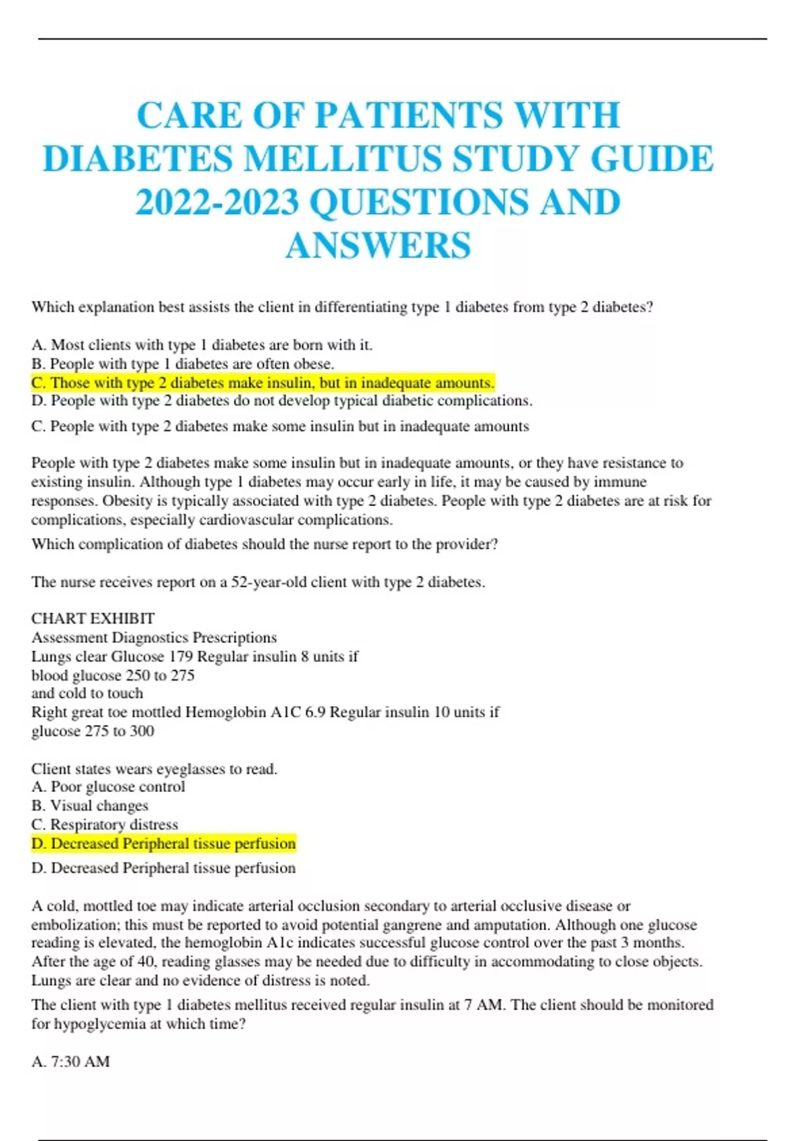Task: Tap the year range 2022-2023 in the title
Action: click(217, 203)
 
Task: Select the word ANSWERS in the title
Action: click(378, 246)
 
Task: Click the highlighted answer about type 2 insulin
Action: click(263, 383)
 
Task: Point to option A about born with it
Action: click(201, 345)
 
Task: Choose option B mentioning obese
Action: click(183, 364)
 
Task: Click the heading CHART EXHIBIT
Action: click(93, 618)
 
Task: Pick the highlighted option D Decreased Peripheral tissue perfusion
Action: click(163, 844)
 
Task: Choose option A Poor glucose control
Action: click(108, 787)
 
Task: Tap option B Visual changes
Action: click(90, 805)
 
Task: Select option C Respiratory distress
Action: click(105, 824)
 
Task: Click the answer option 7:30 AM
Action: click(71, 1061)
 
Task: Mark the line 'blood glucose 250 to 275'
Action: click(113, 675)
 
